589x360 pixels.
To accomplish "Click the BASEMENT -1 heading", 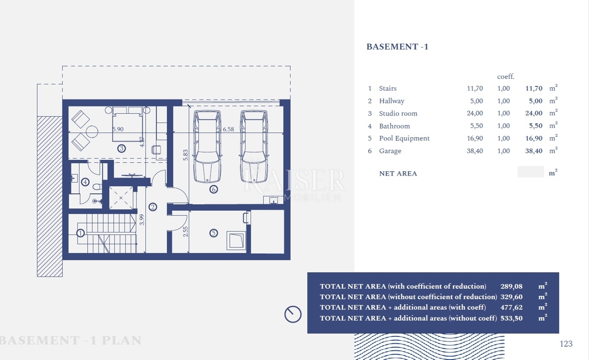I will [397, 47].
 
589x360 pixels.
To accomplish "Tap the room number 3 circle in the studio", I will [121, 148].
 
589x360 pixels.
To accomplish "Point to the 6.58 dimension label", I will [229, 130].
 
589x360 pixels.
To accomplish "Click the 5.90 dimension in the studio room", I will [118, 130].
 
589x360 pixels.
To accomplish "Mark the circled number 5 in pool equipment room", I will [214, 233].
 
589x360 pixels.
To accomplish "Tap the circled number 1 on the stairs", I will [81, 233].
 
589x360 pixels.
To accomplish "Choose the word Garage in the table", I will [390, 151].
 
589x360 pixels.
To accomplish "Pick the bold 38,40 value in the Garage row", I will [534, 151].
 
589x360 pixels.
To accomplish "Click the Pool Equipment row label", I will [404, 138].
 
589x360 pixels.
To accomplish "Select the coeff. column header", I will [506, 77].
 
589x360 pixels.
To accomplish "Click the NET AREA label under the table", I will [398, 173].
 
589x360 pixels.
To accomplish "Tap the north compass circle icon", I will [293, 314].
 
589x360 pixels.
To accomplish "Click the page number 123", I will [566, 344].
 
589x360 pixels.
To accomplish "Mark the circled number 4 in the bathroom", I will [85, 182].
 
